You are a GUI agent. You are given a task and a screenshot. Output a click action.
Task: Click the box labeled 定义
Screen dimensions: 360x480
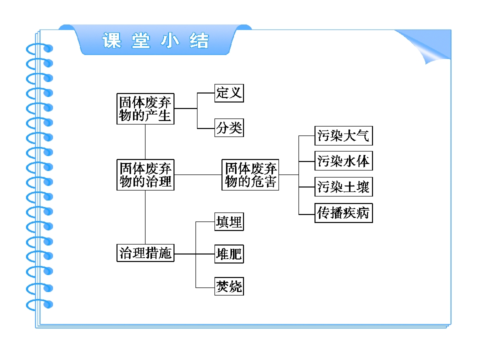229,93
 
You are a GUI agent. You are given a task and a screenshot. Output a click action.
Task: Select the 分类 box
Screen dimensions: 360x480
229,128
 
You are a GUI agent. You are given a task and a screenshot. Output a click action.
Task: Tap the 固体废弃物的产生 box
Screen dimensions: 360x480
145,108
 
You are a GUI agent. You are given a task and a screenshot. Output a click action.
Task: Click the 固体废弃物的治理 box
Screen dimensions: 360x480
145,174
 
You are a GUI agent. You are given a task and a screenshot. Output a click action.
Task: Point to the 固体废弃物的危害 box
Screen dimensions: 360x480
250,174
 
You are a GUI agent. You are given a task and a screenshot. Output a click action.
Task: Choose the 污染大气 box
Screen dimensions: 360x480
343,135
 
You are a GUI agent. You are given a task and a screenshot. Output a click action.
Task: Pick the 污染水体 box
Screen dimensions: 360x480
343,161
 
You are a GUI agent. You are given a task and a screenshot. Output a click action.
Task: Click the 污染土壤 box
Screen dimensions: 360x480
343,187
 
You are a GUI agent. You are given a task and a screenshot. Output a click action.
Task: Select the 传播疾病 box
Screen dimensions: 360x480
343,213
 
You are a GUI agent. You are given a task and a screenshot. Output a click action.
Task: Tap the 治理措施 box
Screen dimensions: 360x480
145,253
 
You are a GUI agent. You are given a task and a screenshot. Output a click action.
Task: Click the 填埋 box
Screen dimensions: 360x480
229,221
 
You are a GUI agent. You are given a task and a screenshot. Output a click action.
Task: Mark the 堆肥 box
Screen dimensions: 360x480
229,254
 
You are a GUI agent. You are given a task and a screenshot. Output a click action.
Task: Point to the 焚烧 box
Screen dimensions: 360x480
229,286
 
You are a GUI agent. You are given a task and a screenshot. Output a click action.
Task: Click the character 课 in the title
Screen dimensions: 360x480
112,40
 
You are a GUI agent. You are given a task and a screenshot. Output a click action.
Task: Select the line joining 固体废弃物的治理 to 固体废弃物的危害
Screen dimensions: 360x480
197,174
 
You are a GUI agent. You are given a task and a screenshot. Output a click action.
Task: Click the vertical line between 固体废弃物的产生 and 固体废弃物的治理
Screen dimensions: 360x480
145,141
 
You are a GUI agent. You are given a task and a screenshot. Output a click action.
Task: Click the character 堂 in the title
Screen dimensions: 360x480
141,40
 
